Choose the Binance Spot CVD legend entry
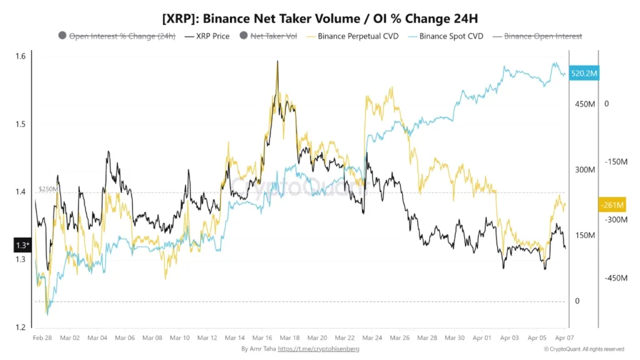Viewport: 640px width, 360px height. tap(445, 36)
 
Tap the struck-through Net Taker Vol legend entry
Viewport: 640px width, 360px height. tap(274, 36)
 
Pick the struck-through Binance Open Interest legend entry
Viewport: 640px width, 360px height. tap(542, 36)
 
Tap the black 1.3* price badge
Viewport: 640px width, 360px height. tap(22, 245)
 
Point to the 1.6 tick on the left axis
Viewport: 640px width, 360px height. tap(21, 57)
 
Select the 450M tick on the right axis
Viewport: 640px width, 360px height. tap(585, 104)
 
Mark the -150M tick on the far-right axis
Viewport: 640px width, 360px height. tap(616, 162)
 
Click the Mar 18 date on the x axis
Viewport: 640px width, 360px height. tap(290, 337)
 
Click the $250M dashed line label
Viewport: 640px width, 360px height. tap(47, 188)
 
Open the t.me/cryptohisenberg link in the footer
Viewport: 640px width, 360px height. tap(319, 349)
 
